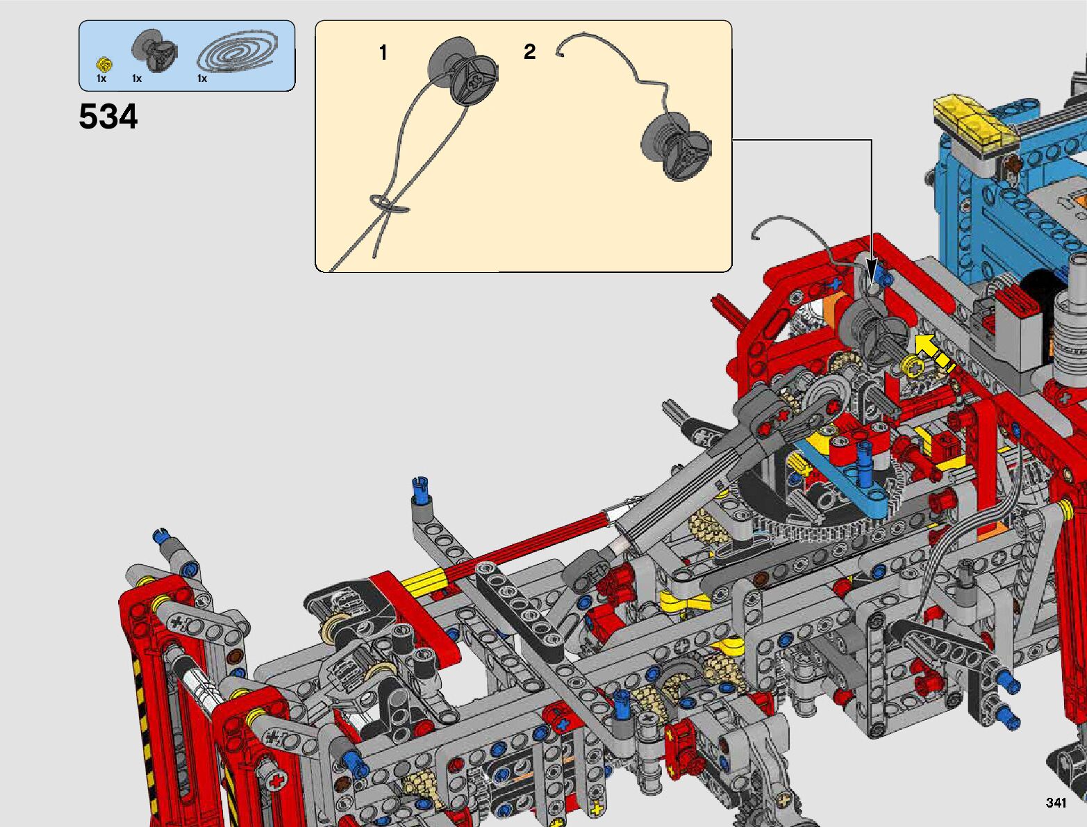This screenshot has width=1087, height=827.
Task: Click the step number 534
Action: tap(108, 117)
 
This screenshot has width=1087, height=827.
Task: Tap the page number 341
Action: tap(1056, 802)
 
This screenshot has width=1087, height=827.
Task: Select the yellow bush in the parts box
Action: tap(104, 65)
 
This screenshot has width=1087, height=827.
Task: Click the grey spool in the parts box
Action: tap(154, 51)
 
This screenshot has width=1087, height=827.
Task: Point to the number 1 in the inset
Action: tap(383, 53)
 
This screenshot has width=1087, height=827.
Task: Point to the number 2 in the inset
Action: tap(529, 51)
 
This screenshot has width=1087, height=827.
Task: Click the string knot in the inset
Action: tap(390, 203)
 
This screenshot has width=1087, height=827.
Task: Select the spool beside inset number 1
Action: tap(463, 70)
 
